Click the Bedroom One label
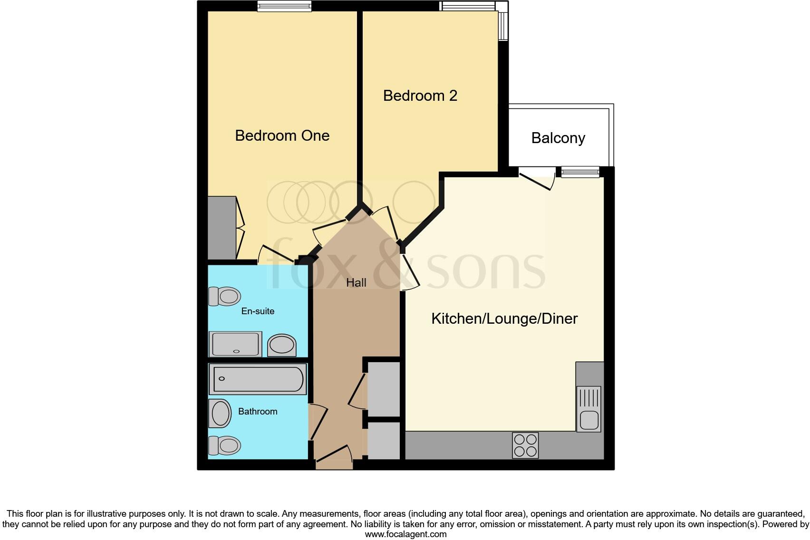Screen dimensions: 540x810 pos(282,135)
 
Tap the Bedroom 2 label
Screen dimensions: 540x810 pos(420,96)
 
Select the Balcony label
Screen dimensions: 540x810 pos(558,138)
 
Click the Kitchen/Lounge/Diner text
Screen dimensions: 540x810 pos(504,318)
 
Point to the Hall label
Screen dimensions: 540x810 pos(356,283)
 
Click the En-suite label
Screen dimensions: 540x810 pos(258,311)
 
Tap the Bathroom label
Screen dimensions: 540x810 pos(258,412)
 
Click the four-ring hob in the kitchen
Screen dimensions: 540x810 pos(525,445)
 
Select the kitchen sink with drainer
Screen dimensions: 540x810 pos(588,409)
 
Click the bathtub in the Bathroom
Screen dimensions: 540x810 pos(258,379)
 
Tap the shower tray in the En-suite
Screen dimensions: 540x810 pos(236,344)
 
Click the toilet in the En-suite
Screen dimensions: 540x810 pos(224,297)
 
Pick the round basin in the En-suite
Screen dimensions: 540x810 pos(281,345)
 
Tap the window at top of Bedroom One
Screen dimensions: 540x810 pos(284,6)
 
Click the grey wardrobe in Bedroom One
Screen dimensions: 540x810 pos(222,228)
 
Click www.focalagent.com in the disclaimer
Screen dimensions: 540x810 pos(405,534)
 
